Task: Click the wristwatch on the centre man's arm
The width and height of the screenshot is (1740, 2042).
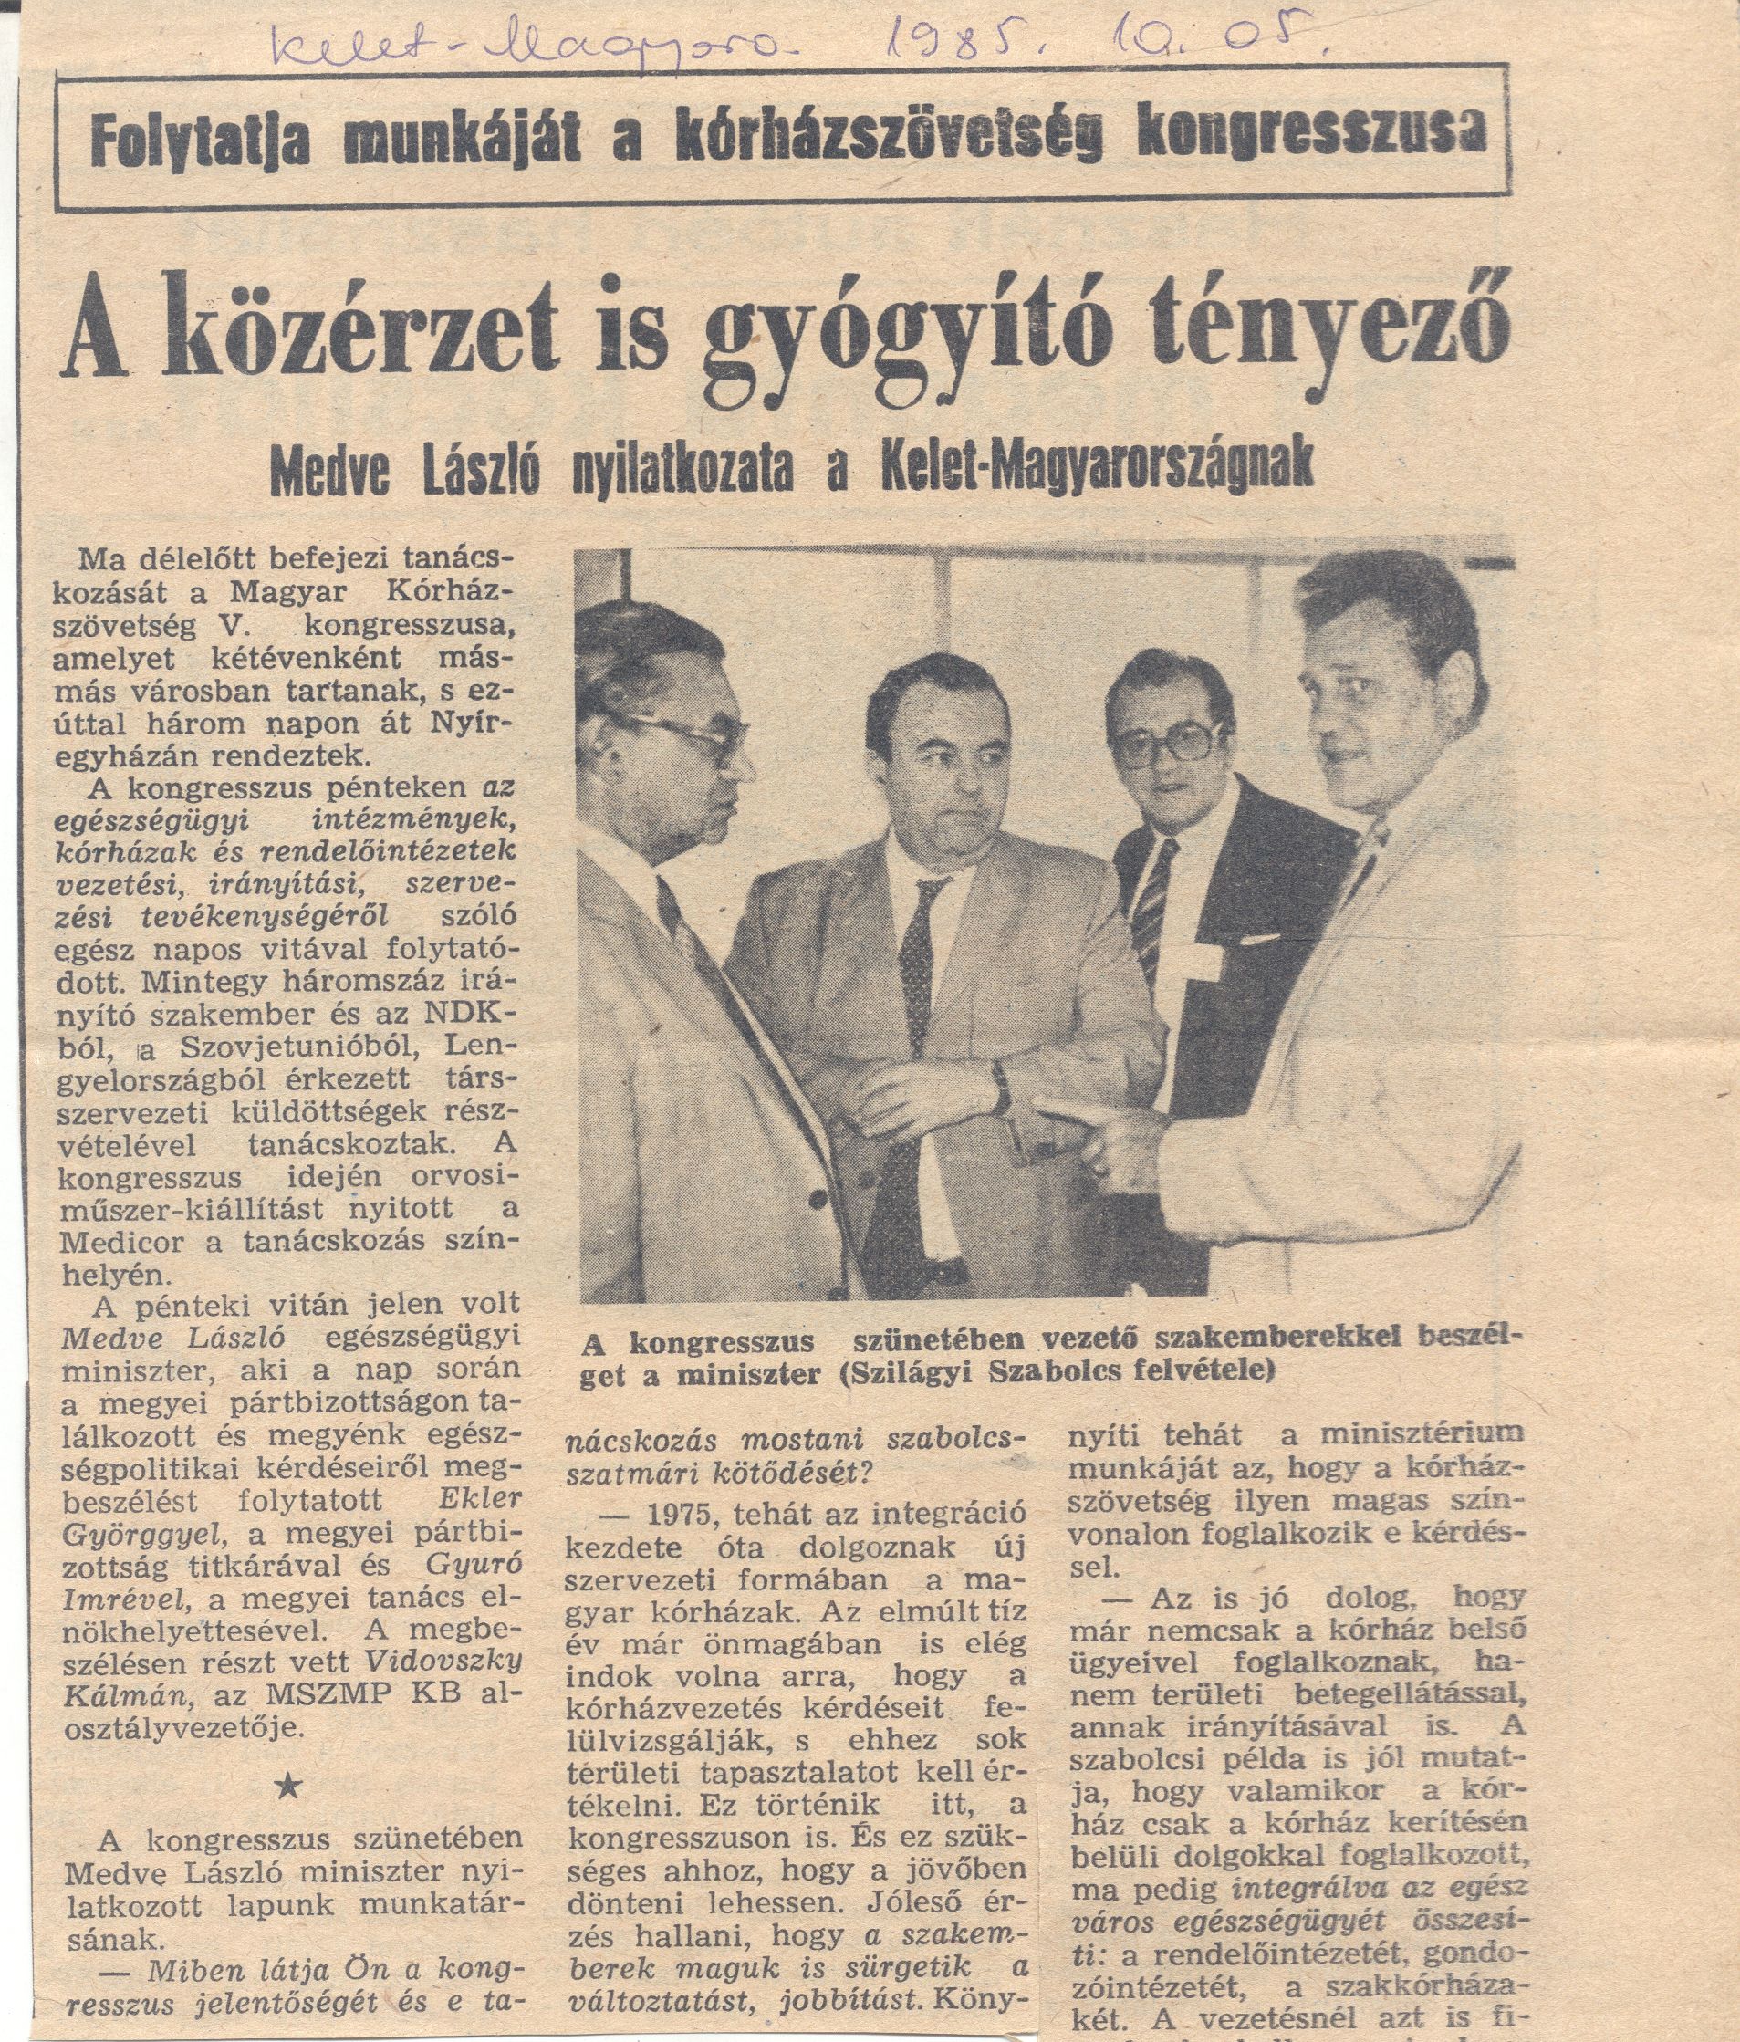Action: point(1000,1085)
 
